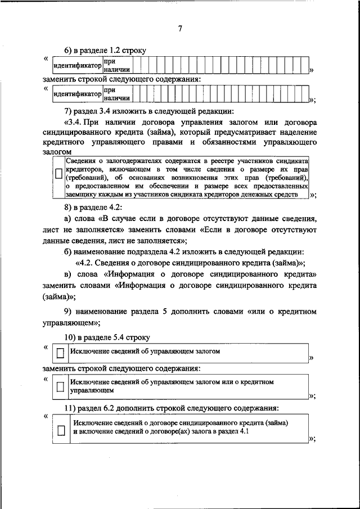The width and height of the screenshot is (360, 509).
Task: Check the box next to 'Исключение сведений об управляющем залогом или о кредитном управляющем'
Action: pyautogui.click(x=60, y=387)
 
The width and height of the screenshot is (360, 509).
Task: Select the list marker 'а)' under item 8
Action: pyautogui.click(x=69, y=219)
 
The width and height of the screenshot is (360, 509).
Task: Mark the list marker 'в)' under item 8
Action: pyautogui.click(x=69, y=273)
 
